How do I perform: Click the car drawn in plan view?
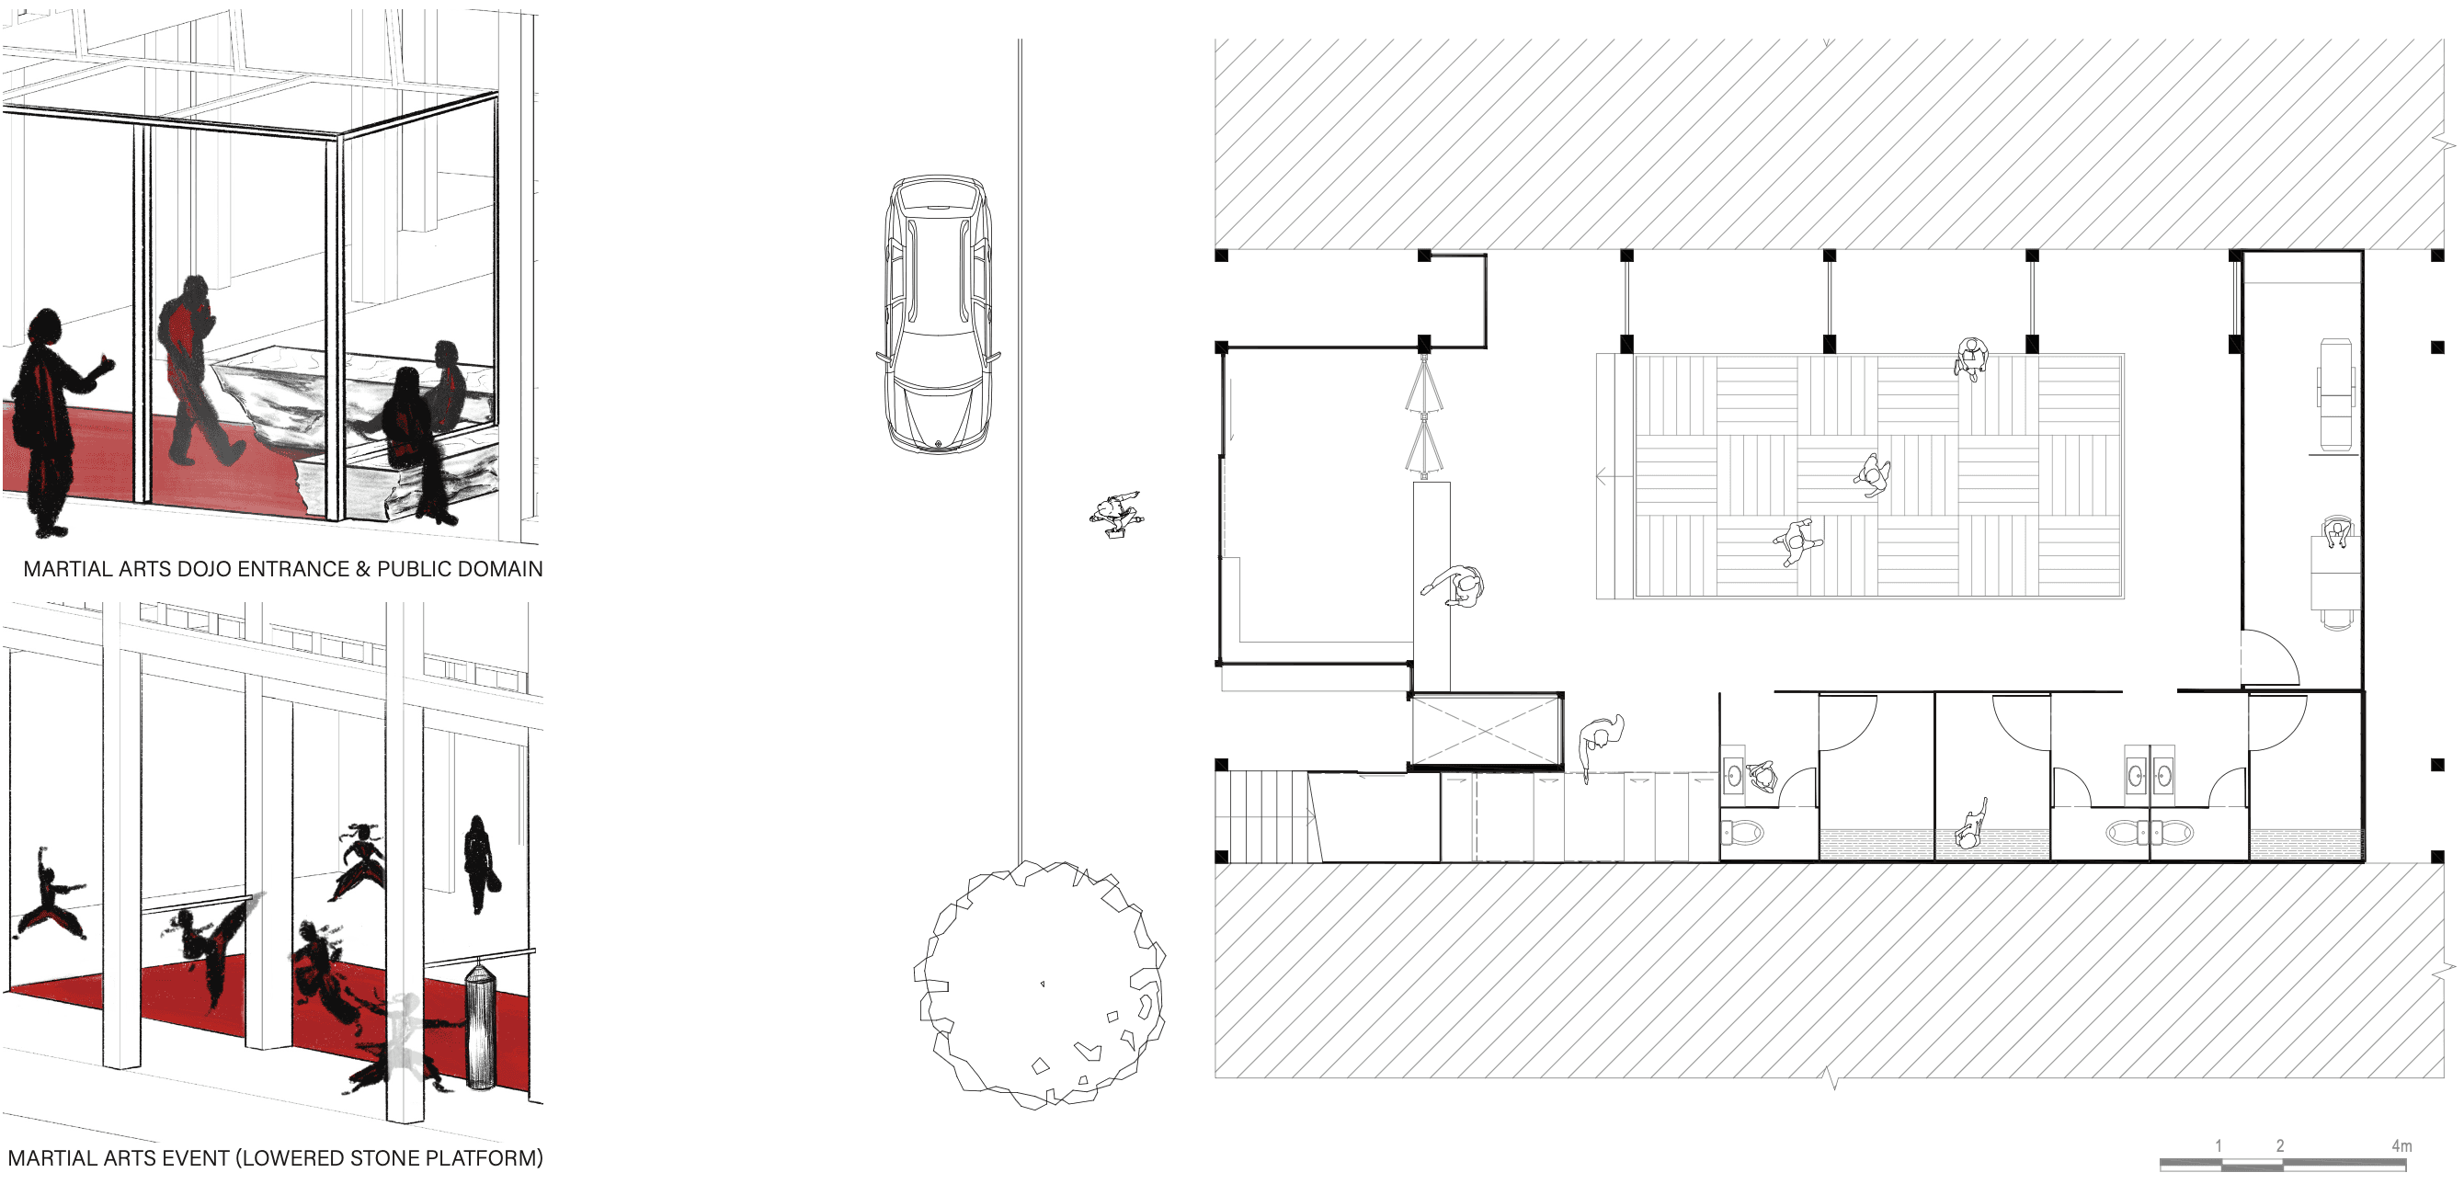click(938, 313)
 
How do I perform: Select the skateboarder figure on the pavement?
click(1115, 515)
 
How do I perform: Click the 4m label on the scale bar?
click(2401, 1144)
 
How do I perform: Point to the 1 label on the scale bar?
click(2219, 1144)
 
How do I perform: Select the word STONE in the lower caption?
click(385, 1158)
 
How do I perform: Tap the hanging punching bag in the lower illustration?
click(480, 1027)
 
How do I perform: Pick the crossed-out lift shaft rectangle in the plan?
click(1486, 730)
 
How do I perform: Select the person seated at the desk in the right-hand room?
click(2337, 532)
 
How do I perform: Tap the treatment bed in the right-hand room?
click(2336, 394)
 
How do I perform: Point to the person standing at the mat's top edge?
click(1970, 359)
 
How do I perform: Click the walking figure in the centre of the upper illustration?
click(195, 373)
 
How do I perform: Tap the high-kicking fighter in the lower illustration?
click(212, 947)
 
